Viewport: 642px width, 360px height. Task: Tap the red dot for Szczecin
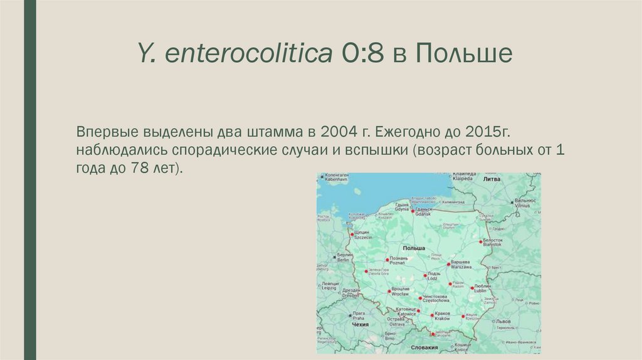351,234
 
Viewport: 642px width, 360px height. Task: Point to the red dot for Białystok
480,241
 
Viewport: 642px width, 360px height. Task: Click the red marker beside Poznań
386,260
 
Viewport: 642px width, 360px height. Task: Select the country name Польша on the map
414,248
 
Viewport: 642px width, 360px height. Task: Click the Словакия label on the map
424,347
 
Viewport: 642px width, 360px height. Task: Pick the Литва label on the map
492,179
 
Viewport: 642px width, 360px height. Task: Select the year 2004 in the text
334,132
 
